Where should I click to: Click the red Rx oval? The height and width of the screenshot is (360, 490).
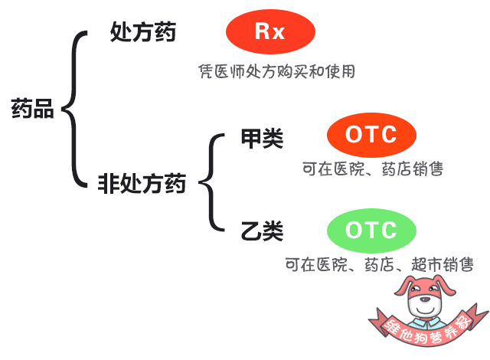(x=270, y=31)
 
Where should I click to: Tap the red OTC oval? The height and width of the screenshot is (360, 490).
(x=371, y=135)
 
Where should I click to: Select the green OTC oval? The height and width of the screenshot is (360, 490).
(x=371, y=231)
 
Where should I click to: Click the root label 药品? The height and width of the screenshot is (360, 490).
(x=32, y=109)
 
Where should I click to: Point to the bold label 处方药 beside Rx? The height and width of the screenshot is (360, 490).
(x=143, y=32)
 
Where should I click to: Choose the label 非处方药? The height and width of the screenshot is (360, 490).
(x=142, y=183)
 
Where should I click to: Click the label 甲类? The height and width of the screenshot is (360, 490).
(x=262, y=138)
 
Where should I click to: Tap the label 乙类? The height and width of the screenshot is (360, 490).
(x=262, y=231)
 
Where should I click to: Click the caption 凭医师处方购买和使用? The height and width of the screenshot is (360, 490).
(x=277, y=71)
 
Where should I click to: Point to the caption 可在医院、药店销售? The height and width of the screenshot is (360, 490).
(x=373, y=169)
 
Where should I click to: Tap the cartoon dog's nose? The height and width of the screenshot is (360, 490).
(x=425, y=299)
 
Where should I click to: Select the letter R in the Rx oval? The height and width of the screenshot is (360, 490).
(x=263, y=31)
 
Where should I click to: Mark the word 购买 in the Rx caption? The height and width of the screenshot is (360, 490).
(x=292, y=71)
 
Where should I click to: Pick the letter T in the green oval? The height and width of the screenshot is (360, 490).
(x=372, y=230)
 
